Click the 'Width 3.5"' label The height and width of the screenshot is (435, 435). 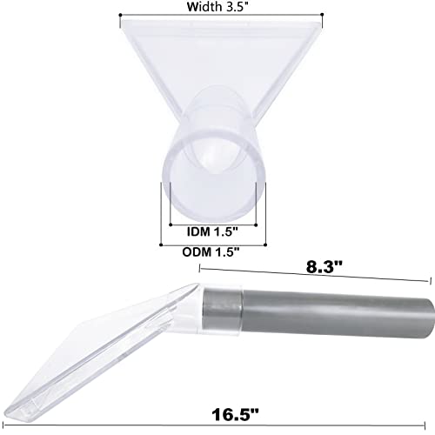217,6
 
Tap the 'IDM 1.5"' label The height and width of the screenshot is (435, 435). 212,231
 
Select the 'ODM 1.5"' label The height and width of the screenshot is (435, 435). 211,251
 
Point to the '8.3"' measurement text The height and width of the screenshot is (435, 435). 325,267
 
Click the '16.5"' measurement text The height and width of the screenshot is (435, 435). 235,414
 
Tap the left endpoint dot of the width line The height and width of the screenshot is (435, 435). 120,15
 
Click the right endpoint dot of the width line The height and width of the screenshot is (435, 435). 322,15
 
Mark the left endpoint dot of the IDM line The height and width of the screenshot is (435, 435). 171,224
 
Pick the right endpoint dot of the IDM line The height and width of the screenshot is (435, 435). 256,224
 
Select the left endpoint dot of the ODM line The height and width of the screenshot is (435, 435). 161,245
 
